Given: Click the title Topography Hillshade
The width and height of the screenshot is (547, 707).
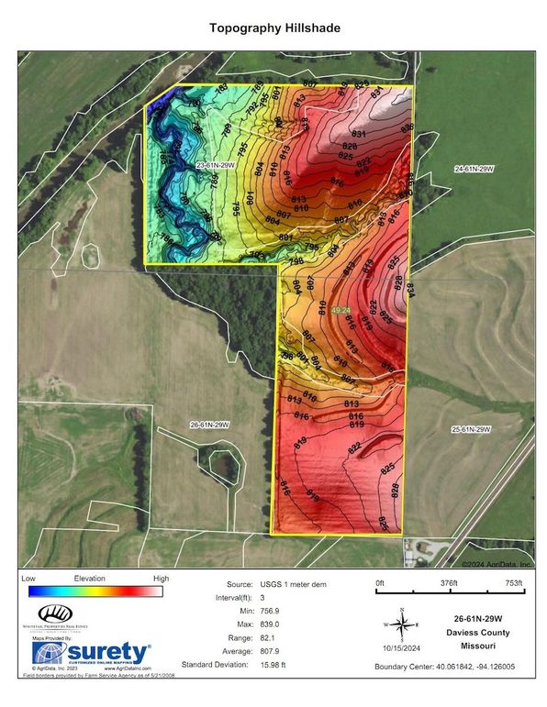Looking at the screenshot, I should [273, 28].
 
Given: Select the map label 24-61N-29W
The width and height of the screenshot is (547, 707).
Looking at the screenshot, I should [474, 169].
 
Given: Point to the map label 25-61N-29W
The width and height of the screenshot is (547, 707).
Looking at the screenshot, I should [473, 429].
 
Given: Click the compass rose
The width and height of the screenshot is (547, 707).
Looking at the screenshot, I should [401, 624].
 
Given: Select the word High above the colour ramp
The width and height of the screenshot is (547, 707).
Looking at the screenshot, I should [162, 579].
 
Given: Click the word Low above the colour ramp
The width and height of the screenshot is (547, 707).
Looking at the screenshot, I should [28, 579].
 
